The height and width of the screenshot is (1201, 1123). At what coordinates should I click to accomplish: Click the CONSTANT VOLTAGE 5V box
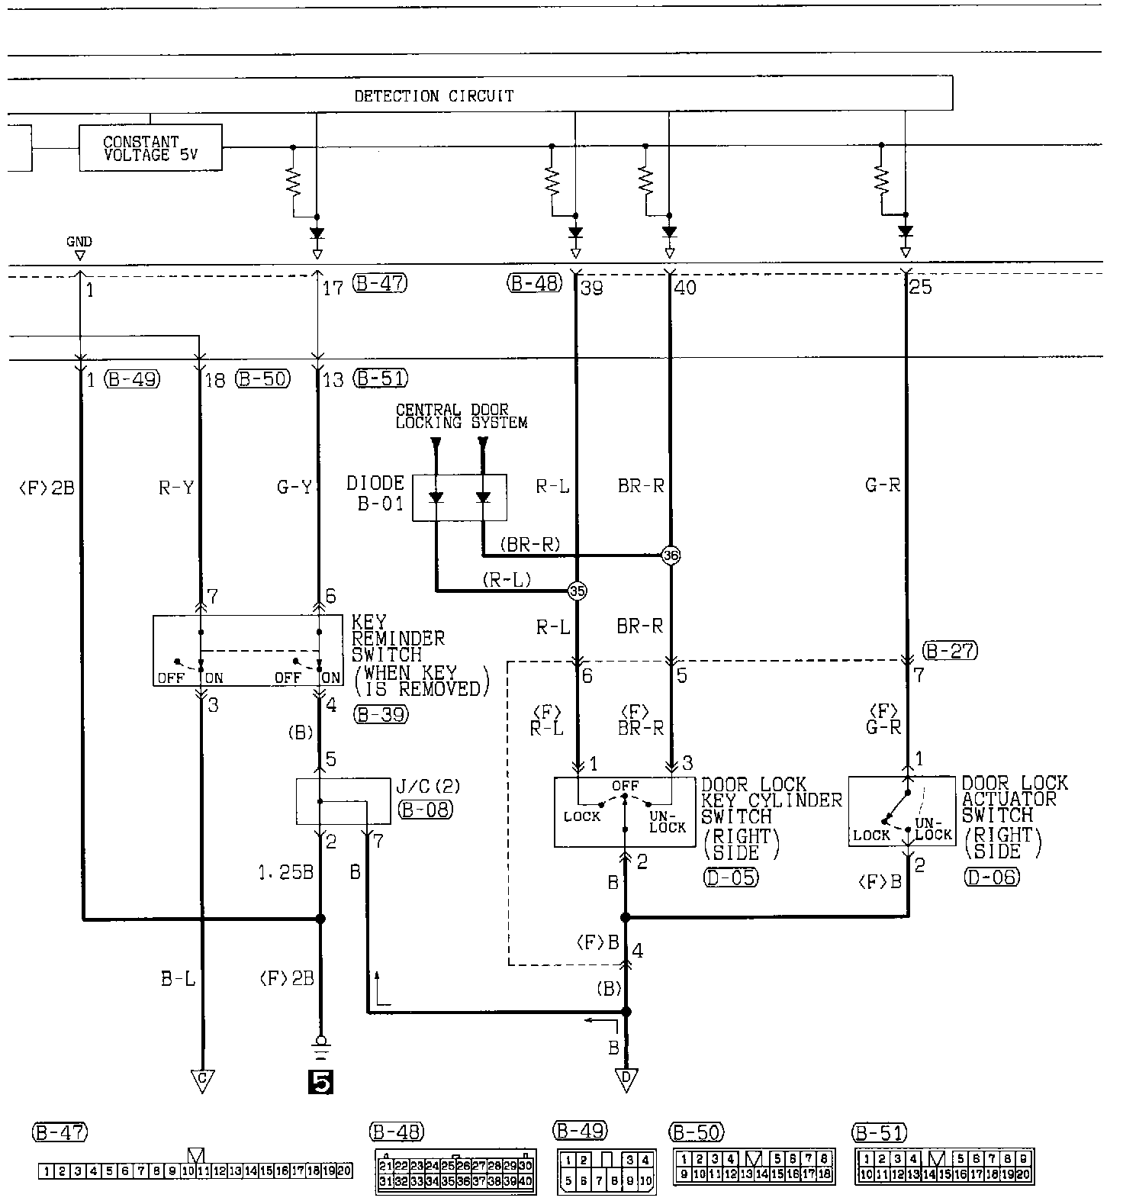[150, 148]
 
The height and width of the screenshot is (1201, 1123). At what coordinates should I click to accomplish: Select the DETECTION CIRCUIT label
[433, 96]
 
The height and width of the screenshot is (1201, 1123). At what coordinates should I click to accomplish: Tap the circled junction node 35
[577, 591]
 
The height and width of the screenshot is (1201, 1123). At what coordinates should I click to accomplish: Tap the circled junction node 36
[670, 555]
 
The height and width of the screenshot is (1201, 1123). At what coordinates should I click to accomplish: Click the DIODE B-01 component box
[459, 497]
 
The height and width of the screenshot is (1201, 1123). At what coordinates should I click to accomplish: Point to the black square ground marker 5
[320, 1083]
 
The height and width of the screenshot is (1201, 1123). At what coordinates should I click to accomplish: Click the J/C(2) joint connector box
[343, 800]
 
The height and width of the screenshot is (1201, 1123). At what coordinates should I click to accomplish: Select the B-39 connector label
[381, 714]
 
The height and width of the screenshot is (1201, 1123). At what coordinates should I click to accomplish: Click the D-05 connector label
[730, 877]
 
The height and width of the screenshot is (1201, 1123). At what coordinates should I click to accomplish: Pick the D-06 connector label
[991, 877]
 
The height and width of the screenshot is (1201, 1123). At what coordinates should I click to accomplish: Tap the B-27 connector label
[950, 651]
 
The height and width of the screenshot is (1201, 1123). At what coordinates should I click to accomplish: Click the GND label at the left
[79, 242]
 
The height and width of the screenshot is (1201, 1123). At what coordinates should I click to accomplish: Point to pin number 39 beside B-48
[590, 288]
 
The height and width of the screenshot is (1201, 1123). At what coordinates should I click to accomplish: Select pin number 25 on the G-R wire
[920, 288]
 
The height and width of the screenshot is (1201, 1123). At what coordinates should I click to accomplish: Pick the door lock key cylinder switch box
[624, 812]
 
